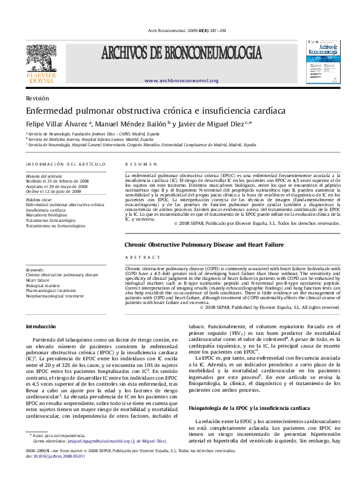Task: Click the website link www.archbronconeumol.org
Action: tap(182, 80)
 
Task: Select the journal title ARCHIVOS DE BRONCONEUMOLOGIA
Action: tap(182, 55)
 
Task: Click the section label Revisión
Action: tap(38, 98)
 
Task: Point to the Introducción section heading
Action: tap(41, 326)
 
